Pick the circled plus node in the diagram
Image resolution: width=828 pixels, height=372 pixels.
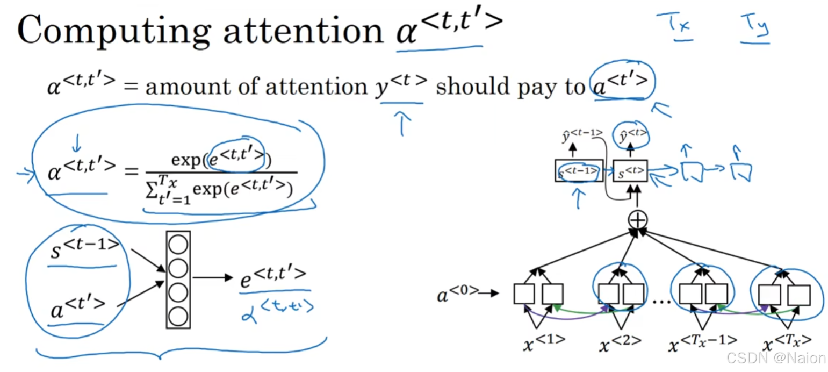pos(638,219)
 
